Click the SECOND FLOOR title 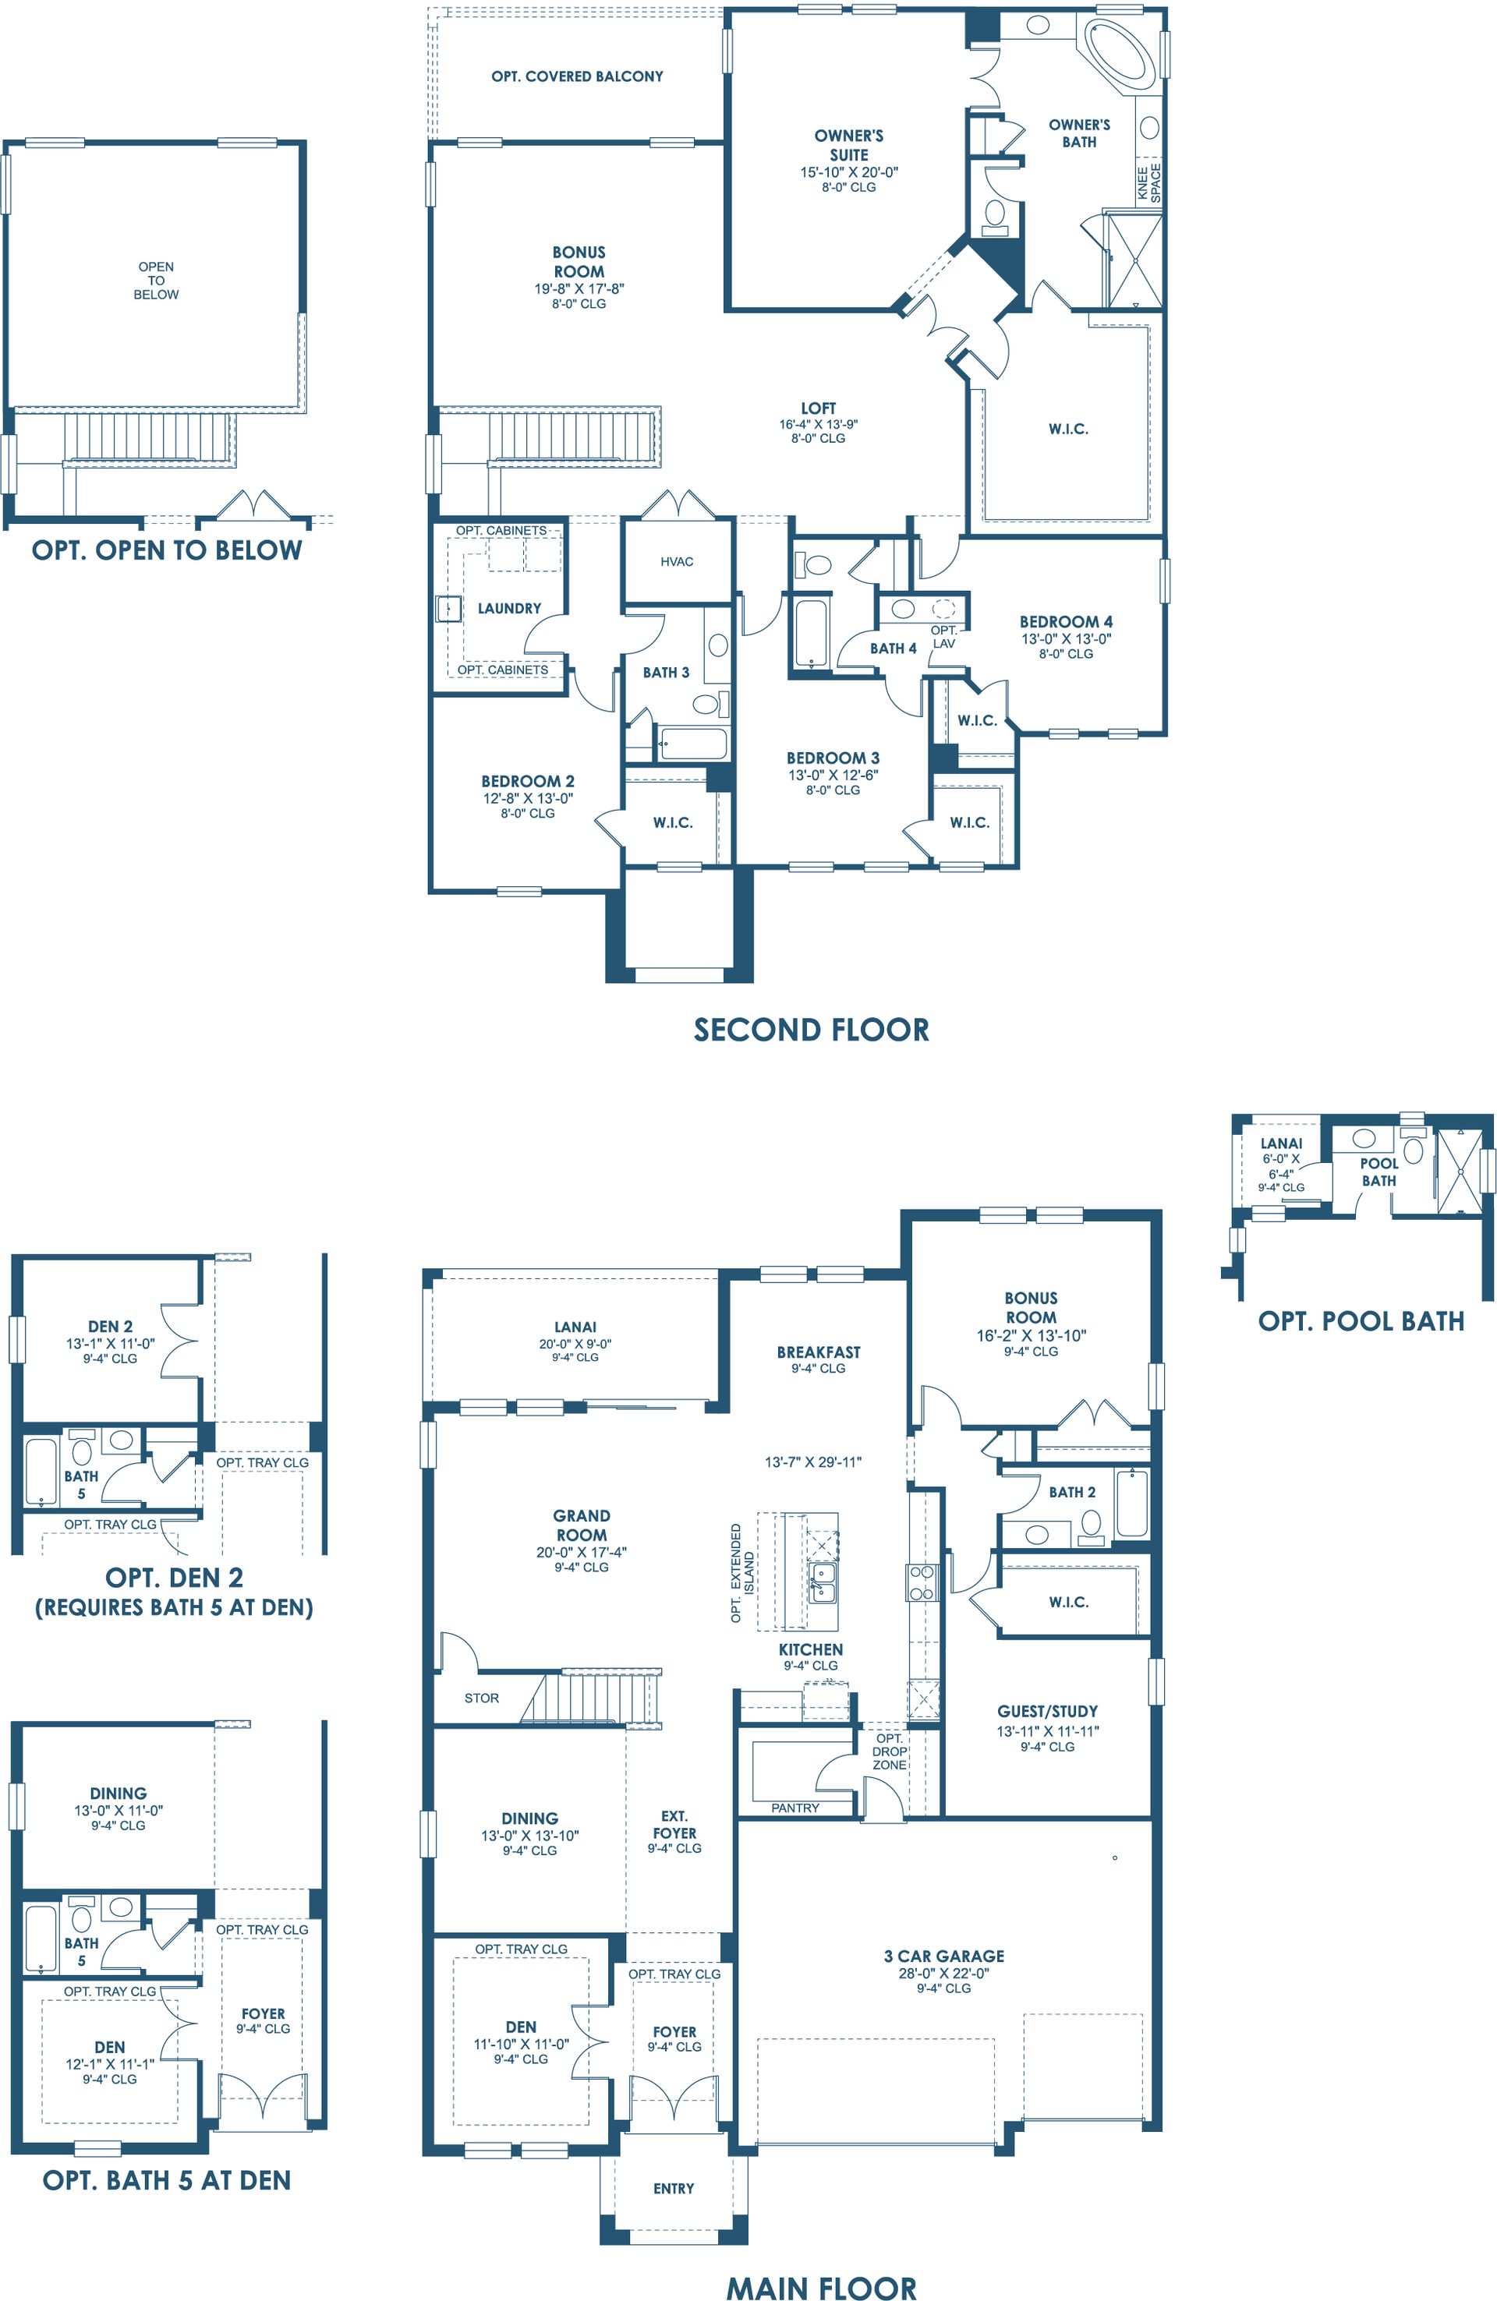812,1030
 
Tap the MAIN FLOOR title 821,2288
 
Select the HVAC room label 677,562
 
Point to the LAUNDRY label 510,608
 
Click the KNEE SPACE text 1148,182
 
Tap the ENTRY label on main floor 674,2188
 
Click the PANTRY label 795,1807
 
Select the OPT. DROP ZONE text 890,1751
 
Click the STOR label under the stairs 482,1698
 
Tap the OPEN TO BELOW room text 156,281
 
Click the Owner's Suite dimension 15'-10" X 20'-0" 848,172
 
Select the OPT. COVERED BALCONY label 577,76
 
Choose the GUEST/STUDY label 1047,1710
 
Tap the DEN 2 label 110,1327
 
